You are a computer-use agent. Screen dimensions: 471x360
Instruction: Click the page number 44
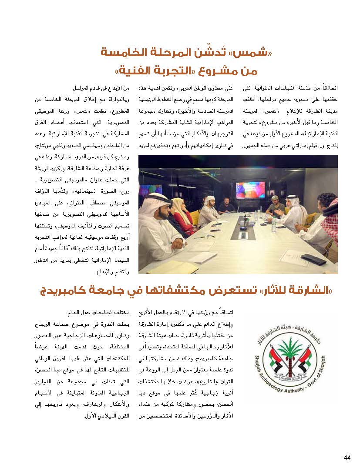click(x=347, y=457)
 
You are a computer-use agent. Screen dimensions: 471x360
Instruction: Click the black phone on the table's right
click(x=313, y=260)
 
